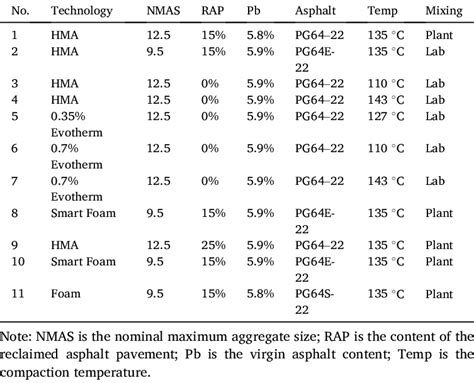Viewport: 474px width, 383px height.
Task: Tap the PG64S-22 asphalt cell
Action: [322, 298]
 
